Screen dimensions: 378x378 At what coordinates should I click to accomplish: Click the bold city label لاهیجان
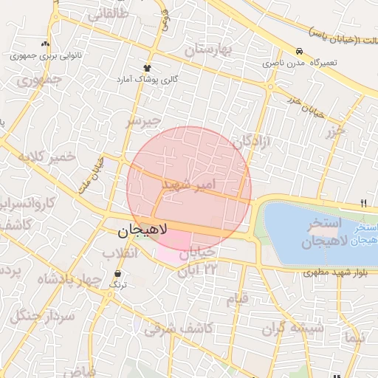(143, 231)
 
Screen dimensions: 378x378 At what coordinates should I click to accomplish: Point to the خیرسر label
(142, 120)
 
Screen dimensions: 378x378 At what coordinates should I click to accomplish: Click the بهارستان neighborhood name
(208, 51)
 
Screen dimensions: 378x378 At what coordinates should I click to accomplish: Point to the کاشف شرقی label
(179, 328)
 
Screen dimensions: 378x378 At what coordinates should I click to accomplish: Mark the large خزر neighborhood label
(336, 131)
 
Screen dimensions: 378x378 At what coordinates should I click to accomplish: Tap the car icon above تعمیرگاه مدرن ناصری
(298, 52)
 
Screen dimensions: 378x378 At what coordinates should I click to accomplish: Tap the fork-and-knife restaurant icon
(363, 203)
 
